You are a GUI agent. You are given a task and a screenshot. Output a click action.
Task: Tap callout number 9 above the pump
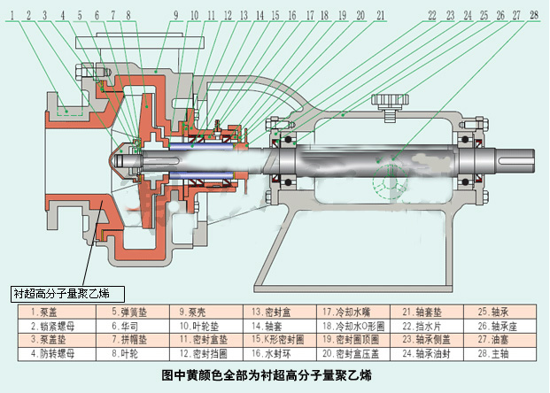pyautogui.click(x=175, y=15)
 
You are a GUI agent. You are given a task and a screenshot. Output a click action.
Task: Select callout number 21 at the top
pyautogui.click(x=379, y=15)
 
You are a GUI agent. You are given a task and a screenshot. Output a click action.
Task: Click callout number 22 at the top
pyautogui.click(x=432, y=15)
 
